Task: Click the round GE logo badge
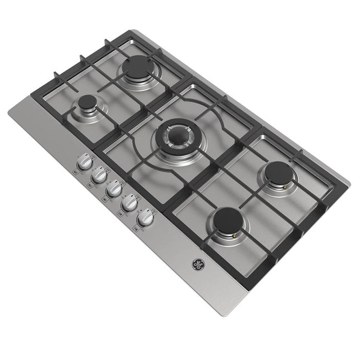pos(198,265)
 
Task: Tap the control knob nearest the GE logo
pos(146,219)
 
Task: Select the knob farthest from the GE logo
pos(84,164)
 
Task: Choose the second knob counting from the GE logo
pos(130,204)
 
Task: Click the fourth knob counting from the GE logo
pos(98,177)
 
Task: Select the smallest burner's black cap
pos(87,102)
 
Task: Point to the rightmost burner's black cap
pos(279,172)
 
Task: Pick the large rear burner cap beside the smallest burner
pos(137,67)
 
